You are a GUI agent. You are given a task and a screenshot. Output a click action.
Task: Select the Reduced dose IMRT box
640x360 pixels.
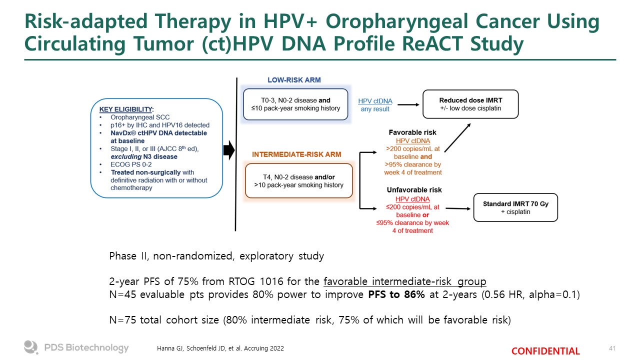pyautogui.click(x=470, y=104)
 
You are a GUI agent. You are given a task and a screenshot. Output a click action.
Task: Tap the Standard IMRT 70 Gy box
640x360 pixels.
pyautogui.click(x=515, y=207)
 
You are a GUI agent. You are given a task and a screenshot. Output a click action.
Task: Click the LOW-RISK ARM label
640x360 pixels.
pyautogui.click(x=294, y=80)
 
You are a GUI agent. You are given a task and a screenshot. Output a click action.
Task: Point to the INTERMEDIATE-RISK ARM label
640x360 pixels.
pyautogui.click(x=296, y=154)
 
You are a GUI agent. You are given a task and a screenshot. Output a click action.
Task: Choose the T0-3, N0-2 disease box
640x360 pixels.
pyautogui.click(x=295, y=104)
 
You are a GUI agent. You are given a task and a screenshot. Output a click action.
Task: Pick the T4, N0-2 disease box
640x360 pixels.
pyautogui.click(x=298, y=181)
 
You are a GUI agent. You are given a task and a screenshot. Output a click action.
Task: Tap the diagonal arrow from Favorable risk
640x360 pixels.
pyautogui.click(x=457, y=137)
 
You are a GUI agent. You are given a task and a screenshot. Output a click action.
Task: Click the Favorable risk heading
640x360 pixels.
pyautogui.click(x=412, y=132)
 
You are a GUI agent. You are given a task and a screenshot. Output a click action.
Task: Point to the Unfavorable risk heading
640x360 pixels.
pyautogui.click(x=414, y=190)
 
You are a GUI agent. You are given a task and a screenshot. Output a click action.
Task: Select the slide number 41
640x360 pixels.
pyautogui.click(x=612, y=348)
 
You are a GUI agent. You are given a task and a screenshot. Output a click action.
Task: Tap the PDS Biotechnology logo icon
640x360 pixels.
pyautogui.click(x=31, y=347)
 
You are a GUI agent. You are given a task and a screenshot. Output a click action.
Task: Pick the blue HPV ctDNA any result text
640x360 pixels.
pyautogui.click(x=375, y=105)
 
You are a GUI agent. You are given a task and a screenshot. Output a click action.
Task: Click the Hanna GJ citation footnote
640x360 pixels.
pyautogui.click(x=217, y=348)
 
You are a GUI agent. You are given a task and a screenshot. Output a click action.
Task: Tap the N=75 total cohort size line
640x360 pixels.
pyautogui.click(x=309, y=319)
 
